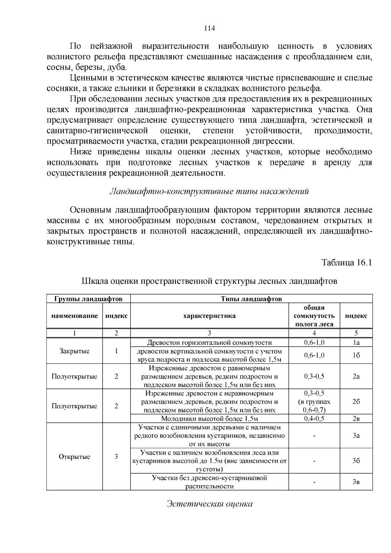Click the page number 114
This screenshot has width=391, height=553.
coord(210,28)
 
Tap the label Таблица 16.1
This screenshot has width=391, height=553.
coord(347,262)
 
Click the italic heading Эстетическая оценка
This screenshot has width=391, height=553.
coord(210,504)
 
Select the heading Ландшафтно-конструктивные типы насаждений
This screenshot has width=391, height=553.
coord(209,191)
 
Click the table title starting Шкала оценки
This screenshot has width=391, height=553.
coord(209,281)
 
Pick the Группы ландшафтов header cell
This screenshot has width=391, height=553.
coord(88,298)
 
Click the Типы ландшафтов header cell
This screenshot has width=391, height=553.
coord(251,298)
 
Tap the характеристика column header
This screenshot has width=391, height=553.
coord(210,316)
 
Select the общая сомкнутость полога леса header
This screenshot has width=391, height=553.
coord(314,316)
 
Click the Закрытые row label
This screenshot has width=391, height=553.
coord(74,351)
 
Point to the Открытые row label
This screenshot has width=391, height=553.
coord(74,457)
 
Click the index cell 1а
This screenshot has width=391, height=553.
coord(356,342)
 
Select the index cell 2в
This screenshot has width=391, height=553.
coord(356,419)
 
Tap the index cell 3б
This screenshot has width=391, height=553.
coord(356,461)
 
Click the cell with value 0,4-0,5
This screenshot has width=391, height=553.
coord(314,419)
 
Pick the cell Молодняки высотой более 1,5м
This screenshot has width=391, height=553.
coord(210,419)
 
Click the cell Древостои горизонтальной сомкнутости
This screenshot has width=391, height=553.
coord(210,342)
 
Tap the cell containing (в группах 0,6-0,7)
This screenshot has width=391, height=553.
coord(314,401)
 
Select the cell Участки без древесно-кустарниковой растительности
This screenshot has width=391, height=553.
coord(210,482)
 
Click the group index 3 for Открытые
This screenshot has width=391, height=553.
coord(116,457)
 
